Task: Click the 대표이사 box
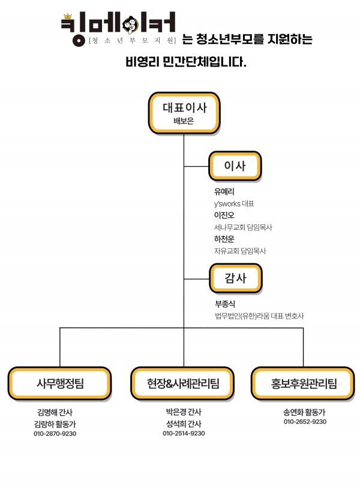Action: click(184, 113)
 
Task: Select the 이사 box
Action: click(235, 166)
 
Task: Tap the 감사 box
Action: click(235, 278)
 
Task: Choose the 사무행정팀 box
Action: click(60, 383)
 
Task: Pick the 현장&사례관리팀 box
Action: click(183, 383)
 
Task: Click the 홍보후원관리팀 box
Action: click(304, 383)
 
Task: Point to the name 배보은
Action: click(184, 121)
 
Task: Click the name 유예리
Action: click(224, 191)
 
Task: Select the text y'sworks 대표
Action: click(234, 203)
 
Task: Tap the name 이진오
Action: click(224, 215)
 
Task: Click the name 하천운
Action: click(224, 239)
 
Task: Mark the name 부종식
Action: click(225, 304)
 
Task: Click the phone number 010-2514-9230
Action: click(184, 433)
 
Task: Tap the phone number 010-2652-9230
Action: click(305, 422)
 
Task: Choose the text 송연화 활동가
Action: click(305, 412)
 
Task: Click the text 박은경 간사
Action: click(184, 412)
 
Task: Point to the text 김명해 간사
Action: click(55, 412)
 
